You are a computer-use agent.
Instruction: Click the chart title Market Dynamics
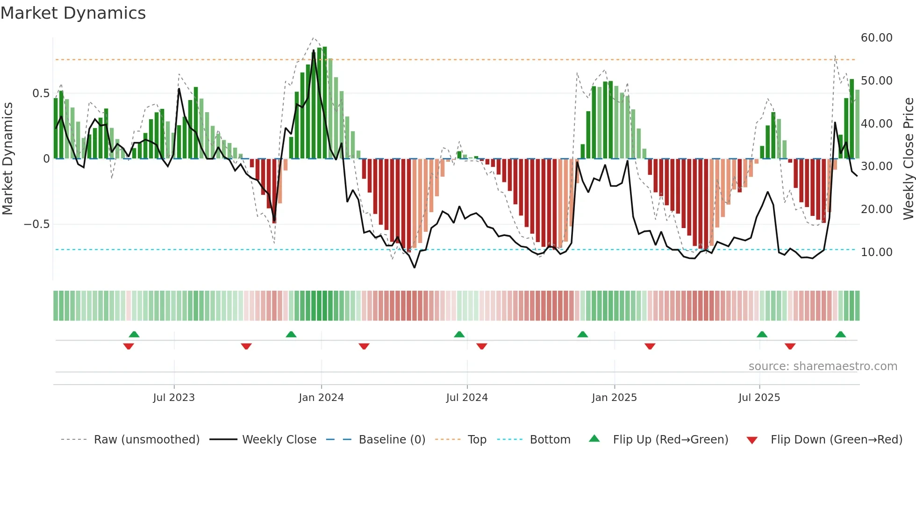(73, 13)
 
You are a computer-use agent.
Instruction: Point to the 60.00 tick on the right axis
(876, 38)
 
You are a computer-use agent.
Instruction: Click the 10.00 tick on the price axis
(876, 252)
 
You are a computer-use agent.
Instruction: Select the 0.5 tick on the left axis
(41, 93)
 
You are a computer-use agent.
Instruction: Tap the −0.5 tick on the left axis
(36, 224)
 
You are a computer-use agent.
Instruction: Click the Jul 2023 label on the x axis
(173, 398)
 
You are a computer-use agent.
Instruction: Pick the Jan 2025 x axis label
(614, 398)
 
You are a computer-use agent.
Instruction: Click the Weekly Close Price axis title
(908, 159)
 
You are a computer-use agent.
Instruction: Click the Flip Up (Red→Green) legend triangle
(594, 438)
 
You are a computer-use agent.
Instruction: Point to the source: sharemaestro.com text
(823, 366)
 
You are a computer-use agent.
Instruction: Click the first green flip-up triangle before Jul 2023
(134, 334)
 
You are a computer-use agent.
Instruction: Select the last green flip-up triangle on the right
(840, 334)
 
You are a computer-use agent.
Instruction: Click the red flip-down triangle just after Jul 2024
(482, 346)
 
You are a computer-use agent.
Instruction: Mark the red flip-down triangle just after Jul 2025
(790, 346)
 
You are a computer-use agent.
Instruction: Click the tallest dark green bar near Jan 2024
(324, 103)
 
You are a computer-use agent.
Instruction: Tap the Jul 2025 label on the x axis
(759, 398)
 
